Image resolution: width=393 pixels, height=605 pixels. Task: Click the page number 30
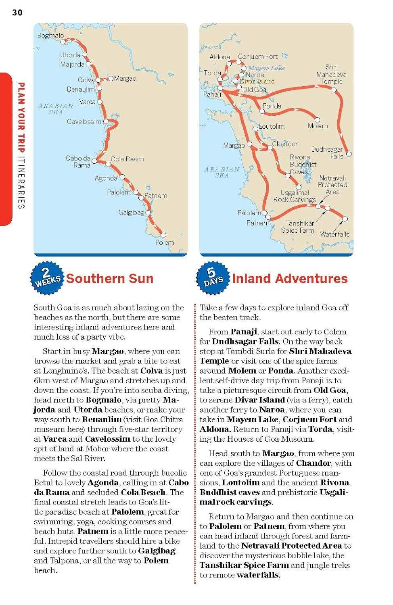pyautogui.click(x=17, y=13)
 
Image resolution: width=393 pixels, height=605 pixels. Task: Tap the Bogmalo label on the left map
pyautogui.click(x=50, y=35)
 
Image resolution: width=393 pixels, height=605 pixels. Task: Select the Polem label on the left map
pyautogui.click(x=165, y=242)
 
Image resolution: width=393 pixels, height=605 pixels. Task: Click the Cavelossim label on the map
pyautogui.click(x=84, y=121)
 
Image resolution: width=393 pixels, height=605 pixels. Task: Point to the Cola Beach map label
pyautogui.click(x=127, y=159)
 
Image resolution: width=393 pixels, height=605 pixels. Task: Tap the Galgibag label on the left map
pyautogui.click(x=131, y=212)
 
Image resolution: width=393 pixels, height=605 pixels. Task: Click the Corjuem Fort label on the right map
pyautogui.click(x=257, y=57)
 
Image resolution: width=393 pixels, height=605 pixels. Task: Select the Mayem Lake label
pyautogui.click(x=266, y=68)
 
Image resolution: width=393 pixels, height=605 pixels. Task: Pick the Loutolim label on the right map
pyautogui.click(x=272, y=126)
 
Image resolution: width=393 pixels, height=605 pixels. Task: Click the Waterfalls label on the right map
pyautogui.click(x=334, y=234)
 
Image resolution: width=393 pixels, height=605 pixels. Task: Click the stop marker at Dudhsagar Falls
pyautogui.click(x=349, y=154)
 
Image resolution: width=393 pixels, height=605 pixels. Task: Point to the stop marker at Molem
pyautogui.click(x=317, y=120)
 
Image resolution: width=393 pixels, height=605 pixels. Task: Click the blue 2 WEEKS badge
pyautogui.click(x=47, y=278)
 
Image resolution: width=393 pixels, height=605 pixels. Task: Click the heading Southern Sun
pyautogui.click(x=110, y=278)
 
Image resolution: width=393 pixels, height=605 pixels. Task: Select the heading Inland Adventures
pyautogui.click(x=290, y=278)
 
